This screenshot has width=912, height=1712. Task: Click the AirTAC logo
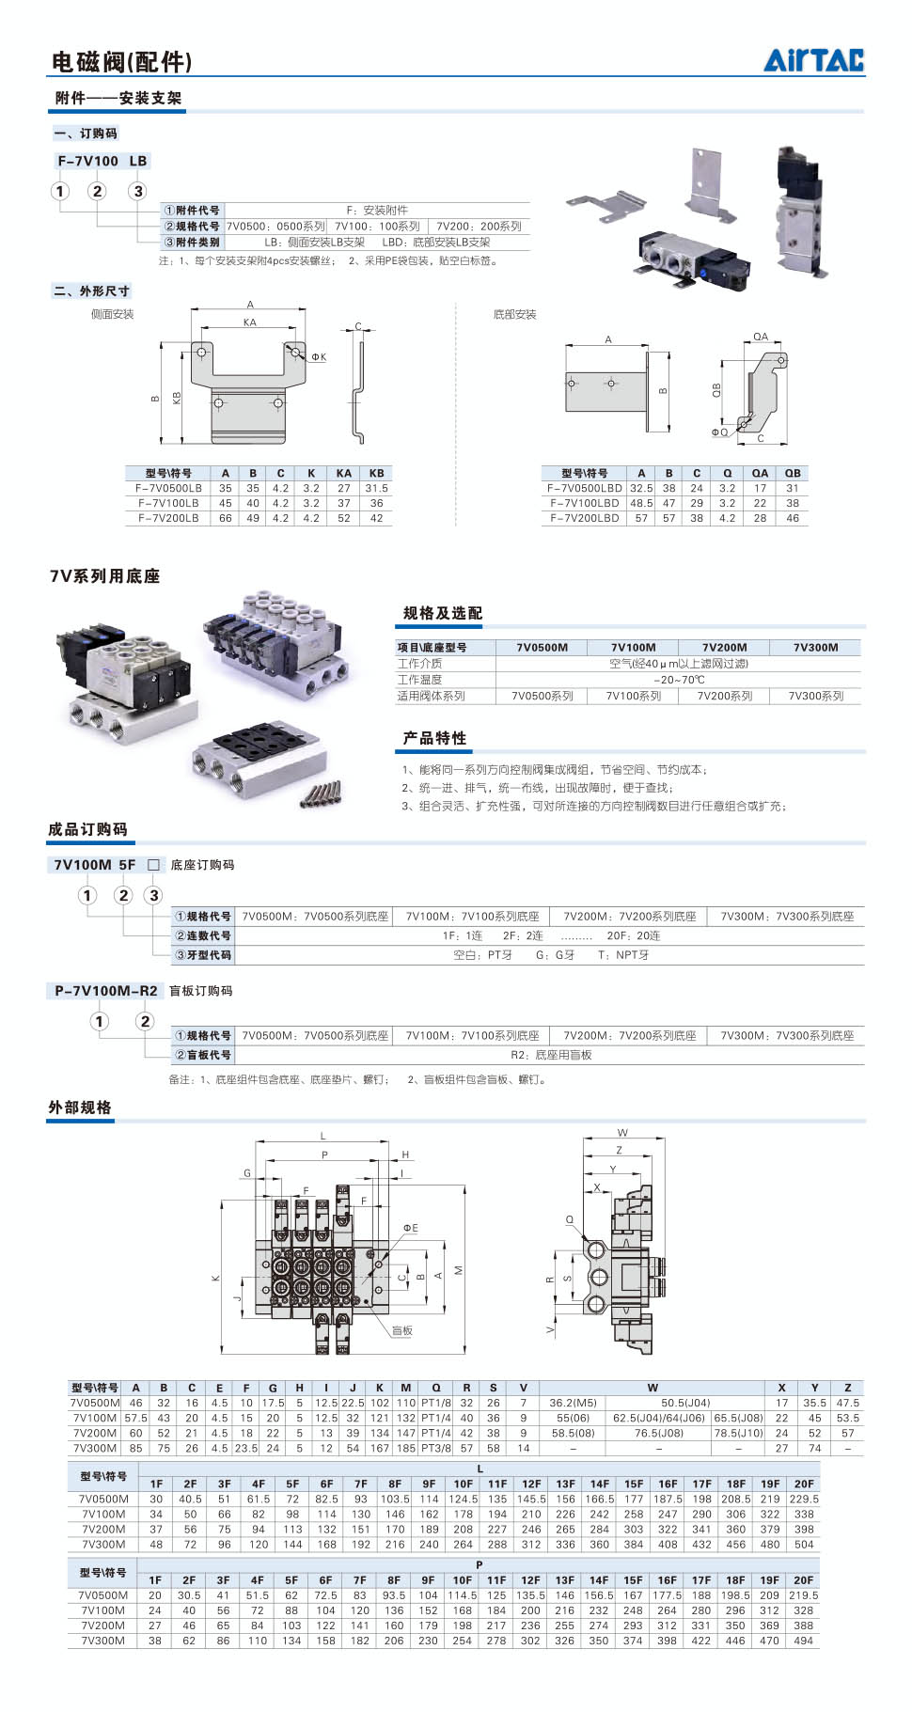click(x=813, y=60)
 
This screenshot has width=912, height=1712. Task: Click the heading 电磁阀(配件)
click(x=121, y=62)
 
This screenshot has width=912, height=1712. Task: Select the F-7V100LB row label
click(x=168, y=503)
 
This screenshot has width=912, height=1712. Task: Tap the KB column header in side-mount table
click(x=376, y=473)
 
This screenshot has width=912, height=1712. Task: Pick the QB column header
click(x=793, y=473)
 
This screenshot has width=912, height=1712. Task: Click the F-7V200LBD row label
click(x=584, y=518)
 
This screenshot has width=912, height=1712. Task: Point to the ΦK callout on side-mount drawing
click(x=319, y=357)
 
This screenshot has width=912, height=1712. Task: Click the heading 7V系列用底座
click(x=104, y=576)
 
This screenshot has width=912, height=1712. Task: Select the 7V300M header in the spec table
click(x=815, y=647)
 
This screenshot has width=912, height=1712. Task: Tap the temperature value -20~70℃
click(x=679, y=680)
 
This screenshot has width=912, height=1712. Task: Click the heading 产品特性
click(x=434, y=738)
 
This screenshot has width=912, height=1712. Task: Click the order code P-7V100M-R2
click(x=106, y=990)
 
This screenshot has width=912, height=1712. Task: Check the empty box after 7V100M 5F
click(x=153, y=865)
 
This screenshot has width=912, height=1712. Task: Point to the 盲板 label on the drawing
click(x=402, y=1330)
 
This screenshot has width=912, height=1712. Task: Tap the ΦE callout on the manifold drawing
click(x=411, y=1228)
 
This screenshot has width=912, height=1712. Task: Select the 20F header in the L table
click(x=804, y=1484)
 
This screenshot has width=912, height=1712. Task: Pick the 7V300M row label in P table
click(x=102, y=1641)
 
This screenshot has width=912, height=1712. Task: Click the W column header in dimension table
click(x=653, y=1388)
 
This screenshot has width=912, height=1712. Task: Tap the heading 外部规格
click(x=80, y=1107)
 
